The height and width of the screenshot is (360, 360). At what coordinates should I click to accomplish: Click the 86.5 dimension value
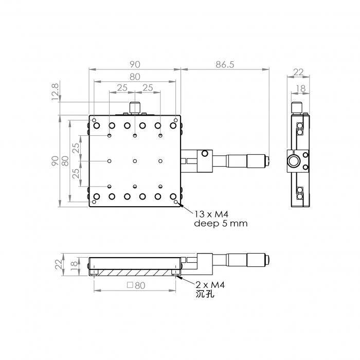(x=225, y=65)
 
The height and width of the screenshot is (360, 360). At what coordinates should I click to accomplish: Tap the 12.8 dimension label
(x=56, y=92)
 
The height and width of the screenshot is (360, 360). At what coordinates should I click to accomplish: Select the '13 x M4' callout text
(x=211, y=214)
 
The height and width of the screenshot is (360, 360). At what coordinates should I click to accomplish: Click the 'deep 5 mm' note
(x=221, y=223)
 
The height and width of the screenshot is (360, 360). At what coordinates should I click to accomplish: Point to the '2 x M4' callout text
(x=210, y=285)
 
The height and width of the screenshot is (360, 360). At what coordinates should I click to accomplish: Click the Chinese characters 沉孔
(x=205, y=294)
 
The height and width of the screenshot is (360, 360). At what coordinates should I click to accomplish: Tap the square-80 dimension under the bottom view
(x=136, y=285)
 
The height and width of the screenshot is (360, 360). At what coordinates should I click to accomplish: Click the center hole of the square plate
(x=135, y=161)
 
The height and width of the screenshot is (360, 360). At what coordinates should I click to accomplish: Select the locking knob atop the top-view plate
(x=135, y=107)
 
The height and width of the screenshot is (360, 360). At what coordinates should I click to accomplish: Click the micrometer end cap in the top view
(x=267, y=160)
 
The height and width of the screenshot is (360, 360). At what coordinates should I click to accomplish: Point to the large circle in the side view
(x=293, y=161)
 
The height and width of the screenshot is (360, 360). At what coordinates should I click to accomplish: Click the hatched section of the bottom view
(x=135, y=273)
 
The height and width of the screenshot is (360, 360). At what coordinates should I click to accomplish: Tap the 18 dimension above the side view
(x=300, y=88)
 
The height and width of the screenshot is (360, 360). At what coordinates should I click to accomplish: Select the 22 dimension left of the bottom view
(x=59, y=264)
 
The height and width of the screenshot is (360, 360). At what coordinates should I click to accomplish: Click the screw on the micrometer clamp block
(x=205, y=153)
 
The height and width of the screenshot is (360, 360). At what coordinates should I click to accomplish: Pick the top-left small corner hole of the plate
(x=94, y=120)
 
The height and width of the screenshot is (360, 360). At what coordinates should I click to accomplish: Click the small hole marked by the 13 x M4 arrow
(x=176, y=202)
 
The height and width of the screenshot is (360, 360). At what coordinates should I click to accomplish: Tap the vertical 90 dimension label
(x=55, y=160)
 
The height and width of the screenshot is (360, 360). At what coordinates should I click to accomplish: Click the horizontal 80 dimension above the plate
(x=135, y=77)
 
